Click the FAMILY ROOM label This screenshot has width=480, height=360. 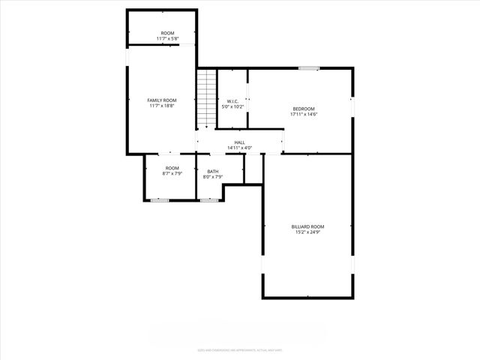coord(161,100)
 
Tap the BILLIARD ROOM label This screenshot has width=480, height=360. coord(308,226)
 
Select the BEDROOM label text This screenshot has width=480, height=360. coord(304,109)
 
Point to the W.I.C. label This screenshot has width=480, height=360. coord(232,101)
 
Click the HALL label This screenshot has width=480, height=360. coord(239,142)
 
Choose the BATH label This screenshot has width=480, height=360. coord(213,172)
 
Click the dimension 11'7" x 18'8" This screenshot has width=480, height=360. coord(161,106)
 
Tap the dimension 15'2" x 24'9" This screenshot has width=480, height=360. coord(308,232)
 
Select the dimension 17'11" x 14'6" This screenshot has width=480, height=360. coord(304,114)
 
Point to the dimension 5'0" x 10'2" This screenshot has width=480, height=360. coord(232,107)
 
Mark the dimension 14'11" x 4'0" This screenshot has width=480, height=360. coord(239,148)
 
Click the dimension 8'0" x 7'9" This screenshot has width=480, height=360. coord(213,177)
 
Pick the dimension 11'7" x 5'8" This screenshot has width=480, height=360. coord(166,38)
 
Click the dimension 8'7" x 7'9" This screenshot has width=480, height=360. coord(172,173)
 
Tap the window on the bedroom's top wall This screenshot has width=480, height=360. coord(308,68)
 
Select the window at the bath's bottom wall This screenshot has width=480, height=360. coord(208,200)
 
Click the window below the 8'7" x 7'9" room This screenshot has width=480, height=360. coord(160,200)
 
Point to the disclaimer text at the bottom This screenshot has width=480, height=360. coord(239,349)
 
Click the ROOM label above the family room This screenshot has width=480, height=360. coord(166,33)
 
